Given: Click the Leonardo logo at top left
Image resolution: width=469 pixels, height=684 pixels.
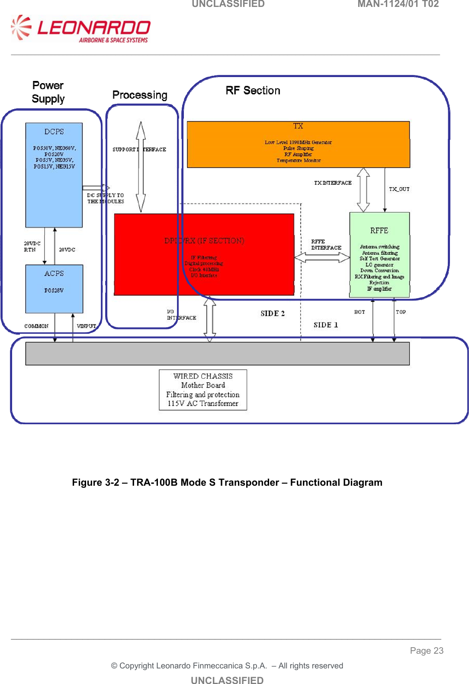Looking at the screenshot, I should pos(81,29).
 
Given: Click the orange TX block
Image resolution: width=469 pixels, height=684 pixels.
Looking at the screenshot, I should pos(298,145).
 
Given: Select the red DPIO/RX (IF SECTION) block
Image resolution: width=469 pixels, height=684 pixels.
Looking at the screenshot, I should pos(204,255).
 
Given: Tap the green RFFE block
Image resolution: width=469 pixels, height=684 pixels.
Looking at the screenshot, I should pos(379,255).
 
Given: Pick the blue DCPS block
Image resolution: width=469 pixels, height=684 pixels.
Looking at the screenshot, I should pos(54,175).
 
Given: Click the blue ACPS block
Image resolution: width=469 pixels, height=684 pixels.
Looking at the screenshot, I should pos(54,289).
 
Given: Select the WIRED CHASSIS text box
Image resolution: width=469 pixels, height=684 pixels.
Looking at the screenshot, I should pos(203,390).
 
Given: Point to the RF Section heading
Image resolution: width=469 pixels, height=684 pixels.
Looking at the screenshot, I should pos(253,90).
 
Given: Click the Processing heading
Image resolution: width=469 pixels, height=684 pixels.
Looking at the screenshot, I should pos(140,95).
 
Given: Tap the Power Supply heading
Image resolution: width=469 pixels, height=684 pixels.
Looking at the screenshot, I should pos(48,92).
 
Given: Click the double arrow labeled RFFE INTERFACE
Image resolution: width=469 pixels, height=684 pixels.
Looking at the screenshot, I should pos(322,258).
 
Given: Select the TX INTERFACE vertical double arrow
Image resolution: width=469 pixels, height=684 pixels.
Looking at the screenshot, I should pos(363,190).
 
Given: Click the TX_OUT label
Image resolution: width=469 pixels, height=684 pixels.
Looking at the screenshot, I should pos(399,189).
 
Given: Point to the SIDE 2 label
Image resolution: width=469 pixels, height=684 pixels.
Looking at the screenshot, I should pos(273,313).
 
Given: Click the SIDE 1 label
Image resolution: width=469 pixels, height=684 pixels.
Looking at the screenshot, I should pos(325,325).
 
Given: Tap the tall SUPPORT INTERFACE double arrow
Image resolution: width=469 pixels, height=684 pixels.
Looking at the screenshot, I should pos(141,167).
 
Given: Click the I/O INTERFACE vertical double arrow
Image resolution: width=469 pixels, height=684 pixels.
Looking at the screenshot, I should pos(210,319).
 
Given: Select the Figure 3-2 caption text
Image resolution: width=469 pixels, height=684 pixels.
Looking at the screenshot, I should pos(227,482).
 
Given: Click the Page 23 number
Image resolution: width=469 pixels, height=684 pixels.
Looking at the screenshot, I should pos(427,651).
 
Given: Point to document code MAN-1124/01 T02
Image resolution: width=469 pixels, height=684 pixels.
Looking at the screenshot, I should pos(398,4).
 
